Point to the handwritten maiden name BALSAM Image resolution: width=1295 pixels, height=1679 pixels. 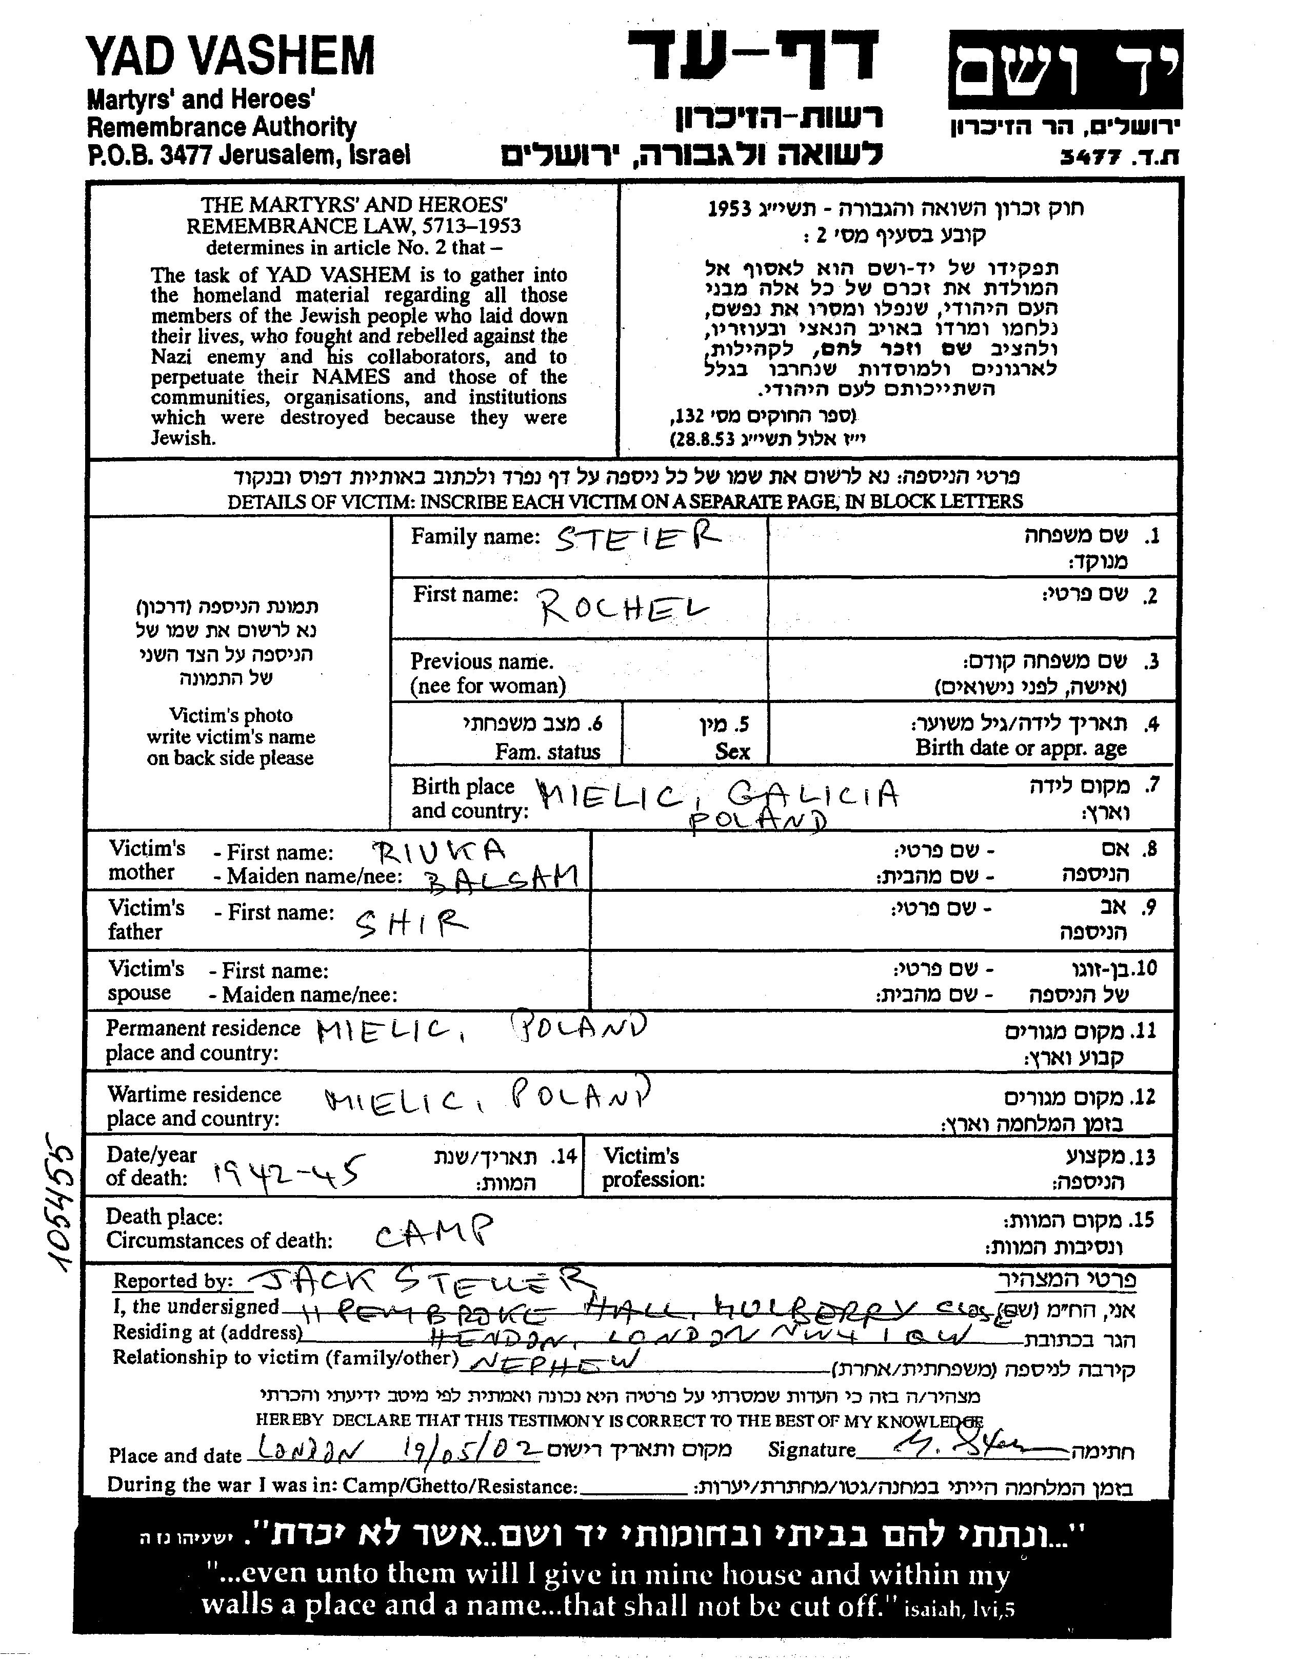(500, 878)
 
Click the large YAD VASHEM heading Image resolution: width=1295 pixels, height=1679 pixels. (231, 56)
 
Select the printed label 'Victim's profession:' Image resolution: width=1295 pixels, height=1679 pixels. (654, 1168)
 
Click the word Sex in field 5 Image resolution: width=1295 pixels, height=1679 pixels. (732, 751)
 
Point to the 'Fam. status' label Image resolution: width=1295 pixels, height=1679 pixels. (547, 751)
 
